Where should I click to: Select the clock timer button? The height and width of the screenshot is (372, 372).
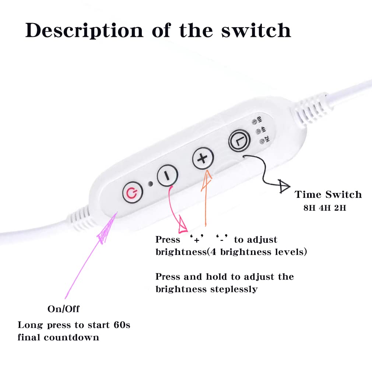point(239,141)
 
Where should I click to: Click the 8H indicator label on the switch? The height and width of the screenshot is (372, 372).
point(259,119)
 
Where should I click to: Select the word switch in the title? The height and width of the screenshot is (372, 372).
point(256,31)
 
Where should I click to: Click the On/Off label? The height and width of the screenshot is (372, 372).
point(63,309)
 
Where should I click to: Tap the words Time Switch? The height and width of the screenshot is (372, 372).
point(328,194)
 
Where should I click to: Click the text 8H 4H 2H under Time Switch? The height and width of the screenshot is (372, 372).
point(324,208)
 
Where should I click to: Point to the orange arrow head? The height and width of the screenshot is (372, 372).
point(206,181)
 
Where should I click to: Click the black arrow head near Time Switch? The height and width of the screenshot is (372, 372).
point(284,185)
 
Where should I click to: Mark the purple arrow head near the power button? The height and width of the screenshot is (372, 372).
point(105,231)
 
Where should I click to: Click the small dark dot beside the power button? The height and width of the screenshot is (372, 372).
point(150,183)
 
